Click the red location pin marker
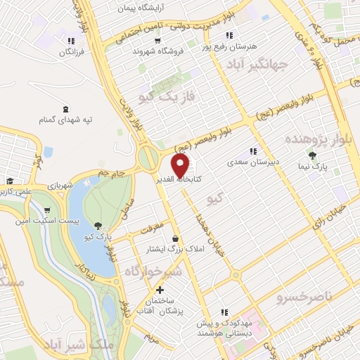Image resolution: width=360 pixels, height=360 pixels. pos(181,166)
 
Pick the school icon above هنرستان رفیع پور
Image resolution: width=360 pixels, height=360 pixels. pos(229,35)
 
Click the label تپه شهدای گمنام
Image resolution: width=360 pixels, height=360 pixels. pos(67,120)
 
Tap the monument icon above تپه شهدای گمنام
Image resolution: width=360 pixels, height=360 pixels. pos(66,108)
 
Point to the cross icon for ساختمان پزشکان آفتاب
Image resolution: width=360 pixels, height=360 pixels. pos(160,290)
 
